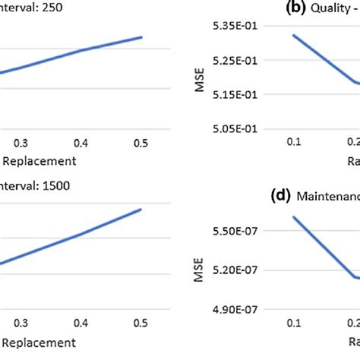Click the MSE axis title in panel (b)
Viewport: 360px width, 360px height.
point(200,78)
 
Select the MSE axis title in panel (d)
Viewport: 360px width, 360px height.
point(200,270)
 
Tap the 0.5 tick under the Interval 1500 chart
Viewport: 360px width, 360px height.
point(141,322)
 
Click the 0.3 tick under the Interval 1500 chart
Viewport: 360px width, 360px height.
point(22,322)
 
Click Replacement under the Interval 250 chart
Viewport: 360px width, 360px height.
point(38,161)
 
